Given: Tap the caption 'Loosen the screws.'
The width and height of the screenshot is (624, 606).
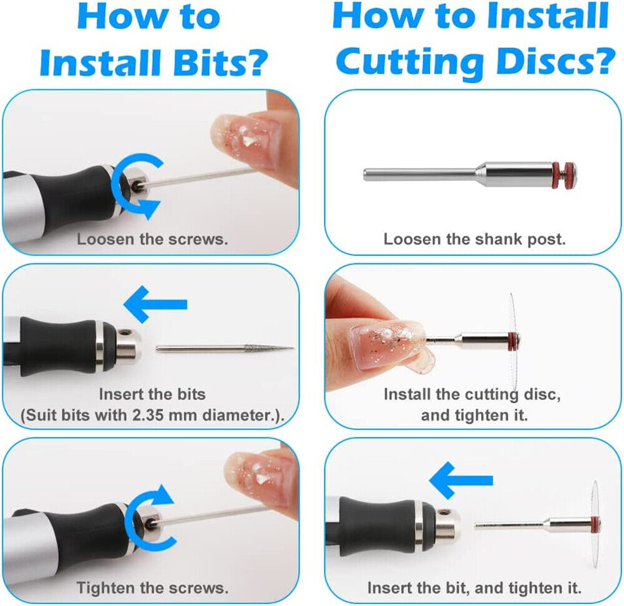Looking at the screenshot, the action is (152, 239).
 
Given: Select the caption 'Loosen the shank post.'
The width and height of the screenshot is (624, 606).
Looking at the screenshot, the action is (474, 239).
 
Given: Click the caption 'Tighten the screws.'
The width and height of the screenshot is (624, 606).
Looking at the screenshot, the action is (152, 588).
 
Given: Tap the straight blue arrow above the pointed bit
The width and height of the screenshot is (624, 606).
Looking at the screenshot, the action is (155, 305).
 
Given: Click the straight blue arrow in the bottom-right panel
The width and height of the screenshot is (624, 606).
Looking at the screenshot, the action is (461, 481).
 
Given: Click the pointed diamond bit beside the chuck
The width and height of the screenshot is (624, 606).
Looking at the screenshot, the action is (225, 348).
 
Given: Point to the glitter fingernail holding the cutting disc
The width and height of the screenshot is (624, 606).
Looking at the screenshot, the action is (388, 345).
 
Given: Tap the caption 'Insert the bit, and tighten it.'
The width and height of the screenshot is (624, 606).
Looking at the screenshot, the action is (474, 588).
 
